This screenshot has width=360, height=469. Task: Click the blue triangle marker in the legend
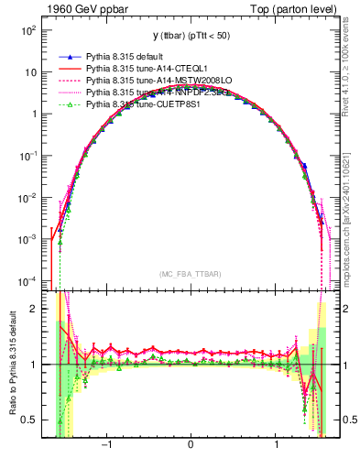point(70,57)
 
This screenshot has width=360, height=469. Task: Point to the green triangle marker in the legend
point(70,104)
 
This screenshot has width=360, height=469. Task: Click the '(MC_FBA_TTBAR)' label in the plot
point(191,273)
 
